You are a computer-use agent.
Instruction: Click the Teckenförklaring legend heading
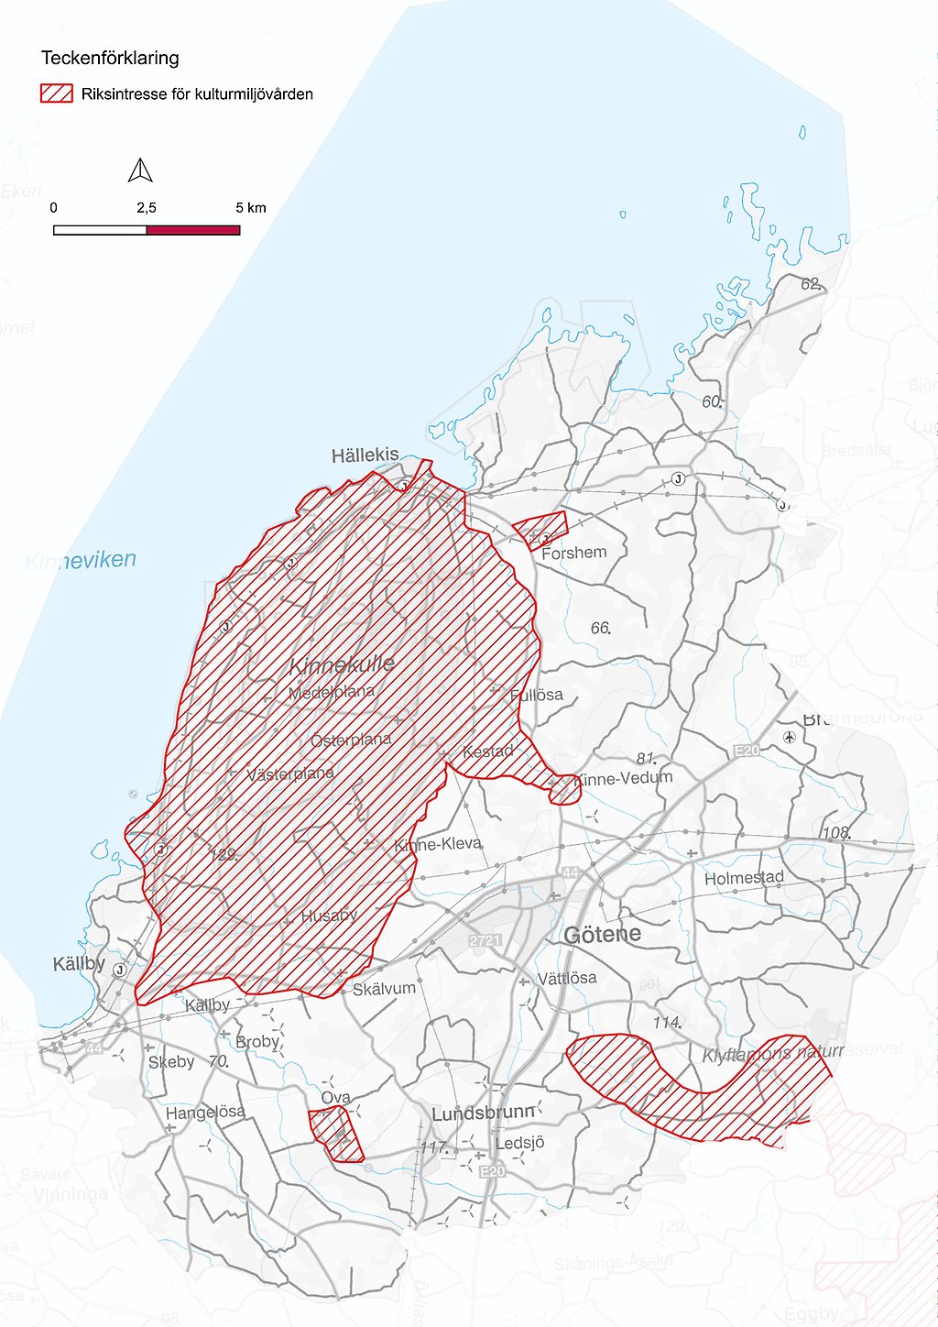pyautogui.click(x=110, y=58)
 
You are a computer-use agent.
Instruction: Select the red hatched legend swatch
pyautogui.click(x=56, y=93)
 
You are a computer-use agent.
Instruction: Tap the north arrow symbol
pyautogui.click(x=140, y=170)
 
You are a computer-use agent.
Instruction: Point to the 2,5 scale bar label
pyautogui.click(x=147, y=208)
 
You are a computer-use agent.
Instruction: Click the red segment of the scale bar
pyautogui.click(x=193, y=230)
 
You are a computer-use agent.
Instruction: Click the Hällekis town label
pyautogui.click(x=365, y=455)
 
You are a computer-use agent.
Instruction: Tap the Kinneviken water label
pyautogui.click(x=81, y=561)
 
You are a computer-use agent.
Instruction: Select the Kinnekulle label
pyautogui.click(x=342, y=664)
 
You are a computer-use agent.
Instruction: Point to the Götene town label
pyautogui.click(x=602, y=935)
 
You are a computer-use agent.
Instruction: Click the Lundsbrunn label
pyautogui.click(x=483, y=1113)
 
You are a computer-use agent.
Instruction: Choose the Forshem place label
pyautogui.click(x=573, y=553)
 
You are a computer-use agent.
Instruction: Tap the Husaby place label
pyautogui.click(x=329, y=916)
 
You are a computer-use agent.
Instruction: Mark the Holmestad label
pyautogui.click(x=744, y=878)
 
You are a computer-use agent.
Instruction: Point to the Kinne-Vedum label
pyautogui.click(x=623, y=778)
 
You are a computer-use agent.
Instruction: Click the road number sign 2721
pyautogui.click(x=485, y=940)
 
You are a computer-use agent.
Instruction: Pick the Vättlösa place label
pyautogui.click(x=566, y=978)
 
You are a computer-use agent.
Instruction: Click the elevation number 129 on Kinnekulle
pyautogui.click(x=224, y=854)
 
